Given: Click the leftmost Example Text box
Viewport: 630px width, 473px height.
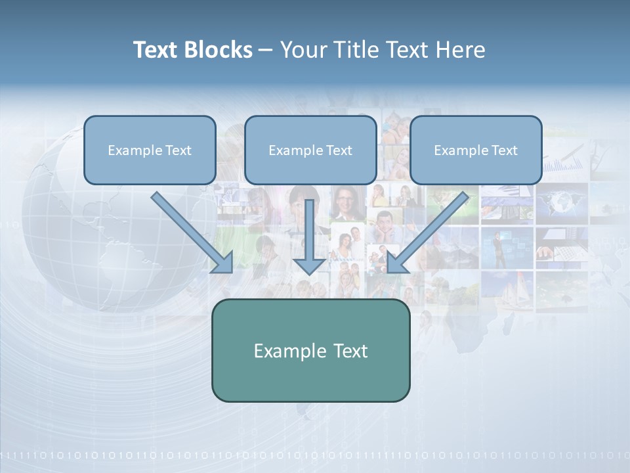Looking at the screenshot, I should pos(150,150).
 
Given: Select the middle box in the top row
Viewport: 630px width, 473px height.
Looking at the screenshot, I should pos(310,150).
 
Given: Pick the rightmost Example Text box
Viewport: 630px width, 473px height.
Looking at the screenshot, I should pos(476,150).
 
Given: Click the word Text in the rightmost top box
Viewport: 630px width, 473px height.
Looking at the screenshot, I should pos(504,150).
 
